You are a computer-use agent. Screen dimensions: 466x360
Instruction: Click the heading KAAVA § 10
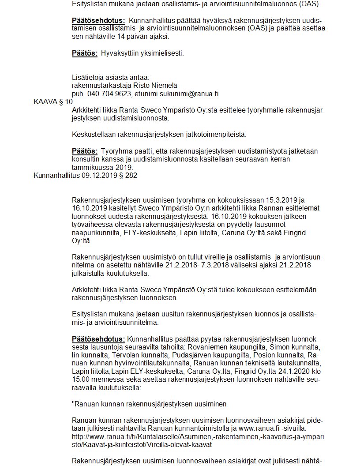point(53,102)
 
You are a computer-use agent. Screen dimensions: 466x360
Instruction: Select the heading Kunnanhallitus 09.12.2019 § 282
point(85,176)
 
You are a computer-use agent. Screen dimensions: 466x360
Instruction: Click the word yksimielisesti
point(163,53)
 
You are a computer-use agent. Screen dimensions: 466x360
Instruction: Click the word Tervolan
point(126,355)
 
